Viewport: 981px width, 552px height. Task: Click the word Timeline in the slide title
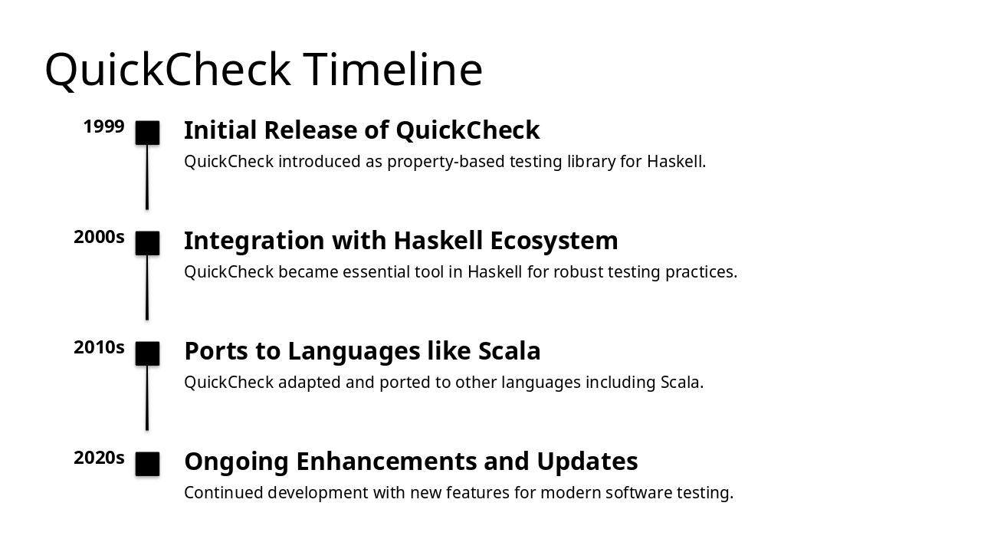tap(393, 69)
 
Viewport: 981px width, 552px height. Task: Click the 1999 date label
tap(103, 127)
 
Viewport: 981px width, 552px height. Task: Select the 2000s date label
tap(99, 237)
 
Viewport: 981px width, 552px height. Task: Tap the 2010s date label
tap(99, 347)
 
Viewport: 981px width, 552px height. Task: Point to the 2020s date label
tap(99, 458)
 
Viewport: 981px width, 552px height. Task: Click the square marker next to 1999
tap(147, 133)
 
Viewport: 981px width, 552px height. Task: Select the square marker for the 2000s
tap(147, 243)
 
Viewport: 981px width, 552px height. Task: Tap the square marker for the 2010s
tap(147, 353)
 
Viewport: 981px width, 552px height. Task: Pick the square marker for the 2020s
tap(147, 464)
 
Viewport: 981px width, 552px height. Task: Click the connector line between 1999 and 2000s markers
tap(147, 177)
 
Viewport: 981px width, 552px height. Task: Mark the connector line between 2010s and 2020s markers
tap(147, 398)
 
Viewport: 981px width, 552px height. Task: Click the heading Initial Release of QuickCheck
tap(362, 130)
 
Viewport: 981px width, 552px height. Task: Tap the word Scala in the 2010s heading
tap(509, 351)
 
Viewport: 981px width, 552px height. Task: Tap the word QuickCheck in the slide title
tap(168, 69)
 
